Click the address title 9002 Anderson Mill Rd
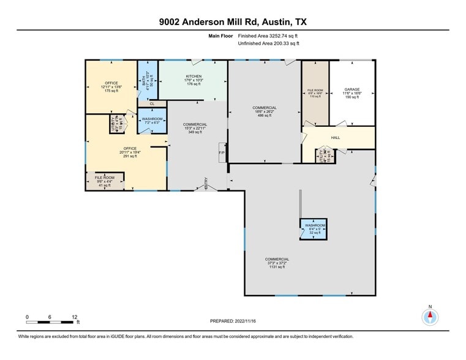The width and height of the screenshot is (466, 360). (233, 21)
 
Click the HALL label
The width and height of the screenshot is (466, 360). (335, 138)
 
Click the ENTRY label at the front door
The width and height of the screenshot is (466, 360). (206, 186)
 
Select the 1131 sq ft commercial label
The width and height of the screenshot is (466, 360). (277, 263)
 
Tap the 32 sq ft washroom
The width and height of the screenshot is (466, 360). (315, 229)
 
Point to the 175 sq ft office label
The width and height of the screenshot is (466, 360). (111, 86)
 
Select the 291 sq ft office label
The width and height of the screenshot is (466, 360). (129, 152)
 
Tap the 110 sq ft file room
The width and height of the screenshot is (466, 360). (315, 94)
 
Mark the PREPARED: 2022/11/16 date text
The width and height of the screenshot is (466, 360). (233, 321)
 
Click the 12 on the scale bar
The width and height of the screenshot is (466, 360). (74, 317)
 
